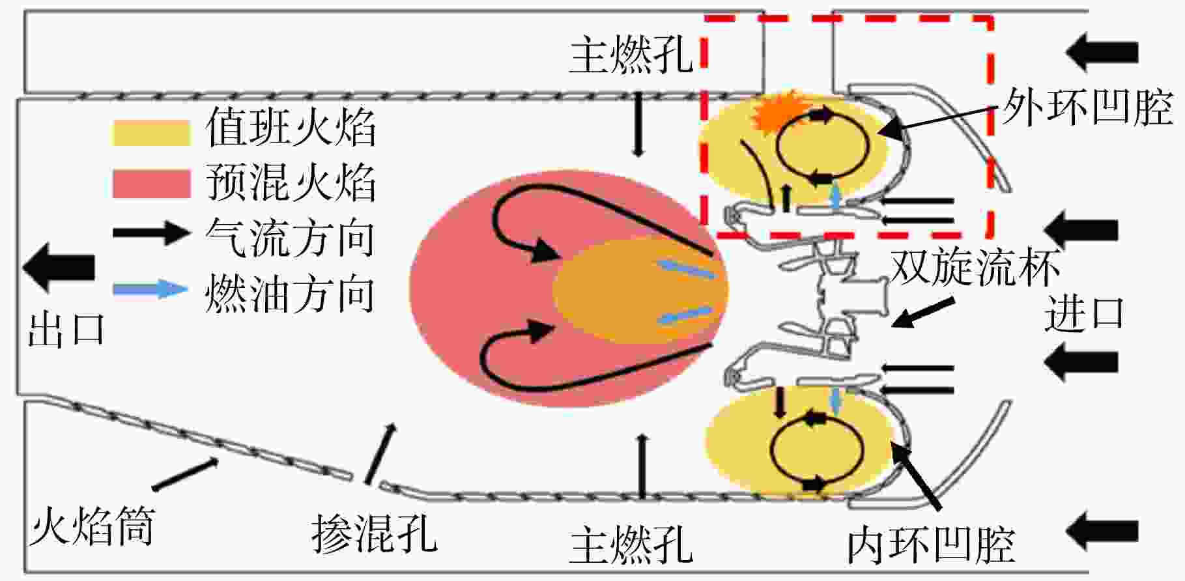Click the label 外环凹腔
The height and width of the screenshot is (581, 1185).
pyautogui.click(x=1087, y=107)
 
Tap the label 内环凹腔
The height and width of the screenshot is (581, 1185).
pyautogui.click(x=932, y=545)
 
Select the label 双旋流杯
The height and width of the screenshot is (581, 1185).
pyautogui.click(x=975, y=266)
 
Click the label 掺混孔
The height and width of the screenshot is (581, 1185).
pyautogui.click(x=374, y=534)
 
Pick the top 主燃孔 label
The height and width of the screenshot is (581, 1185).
pyautogui.click(x=631, y=55)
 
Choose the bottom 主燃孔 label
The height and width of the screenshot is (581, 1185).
pyautogui.click(x=631, y=545)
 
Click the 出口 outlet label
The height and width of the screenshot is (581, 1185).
pyautogui.click(x=66, y=330)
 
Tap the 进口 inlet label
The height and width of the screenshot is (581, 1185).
pyautogui.click(x=1085, y=314)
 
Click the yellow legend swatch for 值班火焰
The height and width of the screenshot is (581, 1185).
pyautogui.click(x=151, y=133)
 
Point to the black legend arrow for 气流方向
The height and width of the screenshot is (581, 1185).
pyautogui.click(x=151, y=233)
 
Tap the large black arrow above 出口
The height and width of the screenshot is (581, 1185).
pyautogui.click(x=59, y=267)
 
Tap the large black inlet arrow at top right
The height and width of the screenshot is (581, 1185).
pyautogui.click(x=1102, y=52)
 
